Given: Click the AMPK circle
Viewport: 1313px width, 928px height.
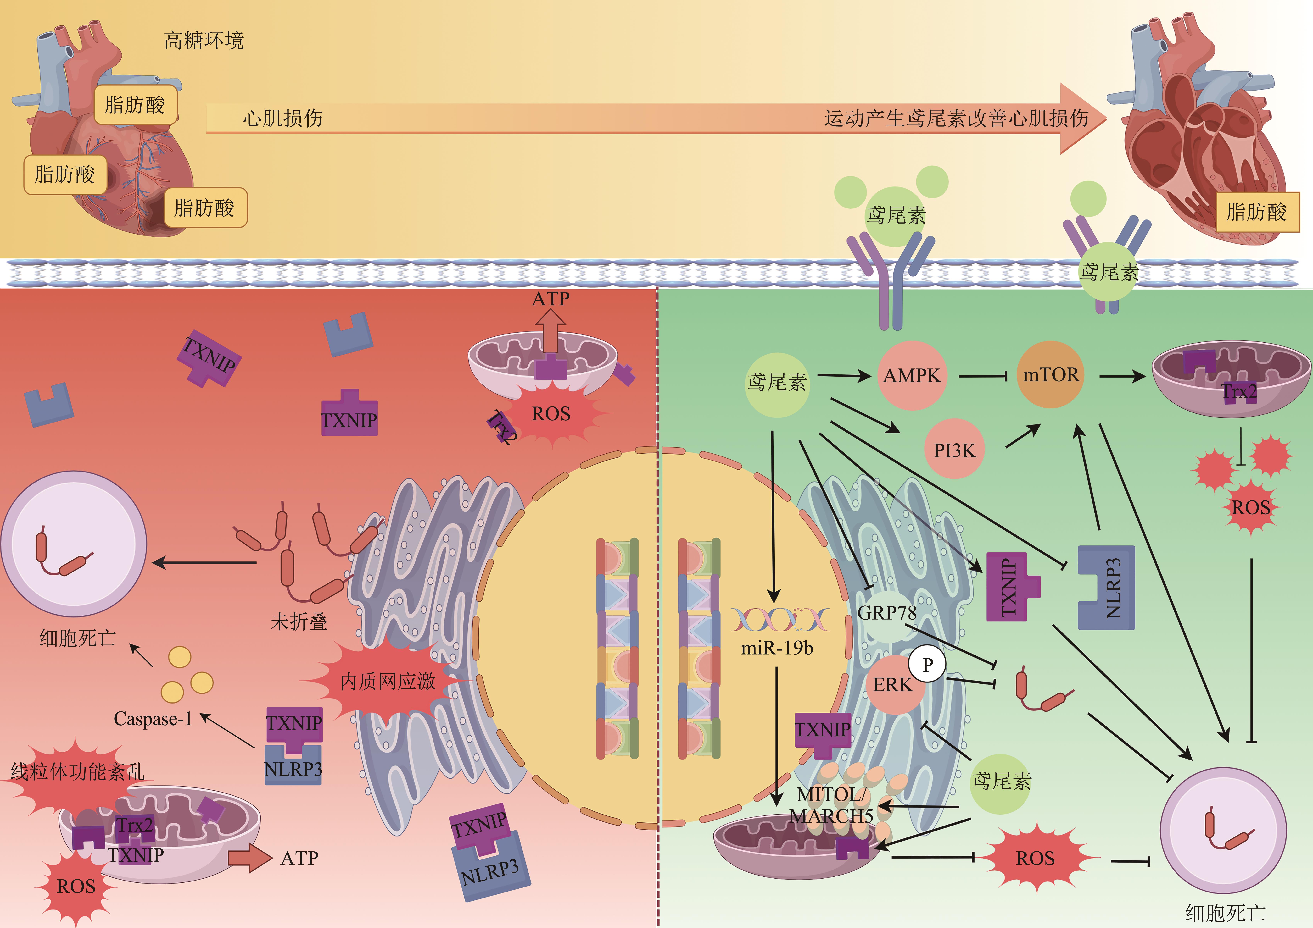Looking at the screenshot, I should [912, 376].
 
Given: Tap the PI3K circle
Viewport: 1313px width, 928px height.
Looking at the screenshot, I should [954, 450].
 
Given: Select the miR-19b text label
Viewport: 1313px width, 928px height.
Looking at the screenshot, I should [777, 648].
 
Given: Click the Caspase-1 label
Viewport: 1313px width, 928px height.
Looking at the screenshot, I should [153, 719].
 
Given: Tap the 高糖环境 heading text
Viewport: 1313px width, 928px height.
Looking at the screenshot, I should [204, 41].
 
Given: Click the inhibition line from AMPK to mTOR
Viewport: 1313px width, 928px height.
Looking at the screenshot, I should [982, 376].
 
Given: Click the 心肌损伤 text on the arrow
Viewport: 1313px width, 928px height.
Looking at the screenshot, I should [283, 118].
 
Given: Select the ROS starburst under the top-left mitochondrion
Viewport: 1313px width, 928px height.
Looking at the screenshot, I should [551, 413].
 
